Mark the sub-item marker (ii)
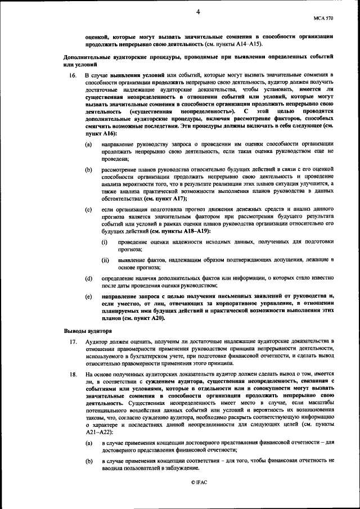105,260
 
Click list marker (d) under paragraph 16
88,279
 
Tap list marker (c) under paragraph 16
88,210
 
